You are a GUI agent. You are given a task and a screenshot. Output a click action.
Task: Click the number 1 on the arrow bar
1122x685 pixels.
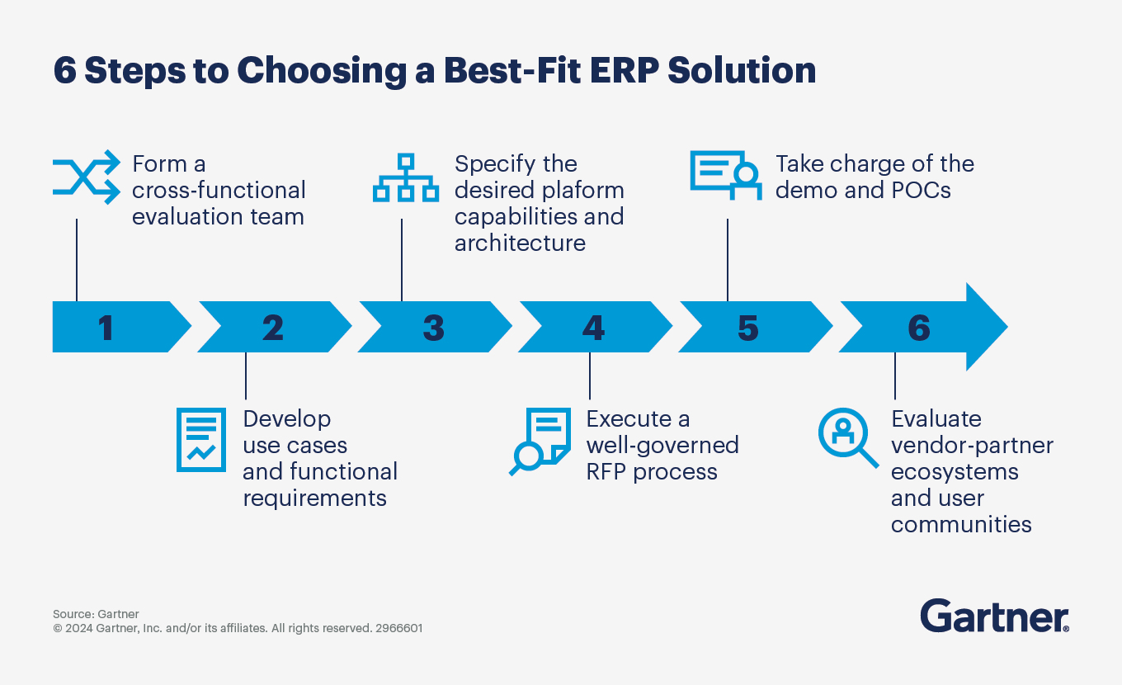tap(106, 328)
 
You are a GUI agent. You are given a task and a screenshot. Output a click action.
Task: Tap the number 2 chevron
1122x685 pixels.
tap(273, 328)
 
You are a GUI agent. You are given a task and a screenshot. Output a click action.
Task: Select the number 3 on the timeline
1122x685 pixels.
tap(433, 328)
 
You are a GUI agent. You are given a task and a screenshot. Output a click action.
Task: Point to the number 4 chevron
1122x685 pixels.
tap(593, 328)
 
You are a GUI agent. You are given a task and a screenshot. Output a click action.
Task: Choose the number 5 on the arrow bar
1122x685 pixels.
tap(747, 328)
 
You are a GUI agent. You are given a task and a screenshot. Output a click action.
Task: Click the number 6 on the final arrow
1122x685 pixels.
tap(918, 328)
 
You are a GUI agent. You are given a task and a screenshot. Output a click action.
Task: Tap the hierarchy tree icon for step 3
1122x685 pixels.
tap(405, 177)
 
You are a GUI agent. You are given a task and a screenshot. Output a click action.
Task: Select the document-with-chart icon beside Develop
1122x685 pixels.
tap(200, 440)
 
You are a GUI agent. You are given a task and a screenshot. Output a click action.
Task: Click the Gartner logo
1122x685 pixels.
tap(994, 616)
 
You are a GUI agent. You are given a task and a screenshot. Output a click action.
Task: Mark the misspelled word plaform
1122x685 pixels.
tap(582, 190)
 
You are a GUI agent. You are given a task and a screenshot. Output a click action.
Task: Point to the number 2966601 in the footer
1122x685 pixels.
tap(399, 628)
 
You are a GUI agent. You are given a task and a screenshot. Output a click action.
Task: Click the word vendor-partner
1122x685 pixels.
tap(972, 446)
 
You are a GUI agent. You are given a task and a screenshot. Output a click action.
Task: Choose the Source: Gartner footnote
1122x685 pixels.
tap(96, 614)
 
